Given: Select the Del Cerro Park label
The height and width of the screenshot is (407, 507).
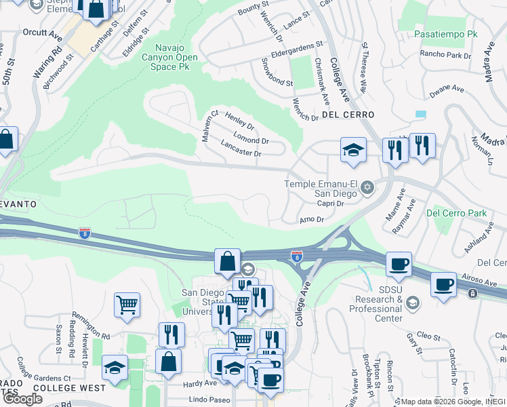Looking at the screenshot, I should pos(457,213).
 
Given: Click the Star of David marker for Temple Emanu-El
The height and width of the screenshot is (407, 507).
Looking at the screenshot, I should pos(367,187).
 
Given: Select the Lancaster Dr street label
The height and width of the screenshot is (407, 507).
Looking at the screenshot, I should pos(241,149).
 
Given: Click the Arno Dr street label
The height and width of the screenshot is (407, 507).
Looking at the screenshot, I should pos(312,220).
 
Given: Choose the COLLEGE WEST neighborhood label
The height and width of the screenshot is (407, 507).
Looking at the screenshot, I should pos(69,388).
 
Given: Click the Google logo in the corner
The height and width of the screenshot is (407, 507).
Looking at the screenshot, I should pos(22,399).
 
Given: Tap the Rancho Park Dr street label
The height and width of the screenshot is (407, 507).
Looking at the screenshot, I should pos(445,54).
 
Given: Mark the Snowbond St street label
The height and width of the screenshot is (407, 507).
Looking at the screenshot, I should pos(277,73).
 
